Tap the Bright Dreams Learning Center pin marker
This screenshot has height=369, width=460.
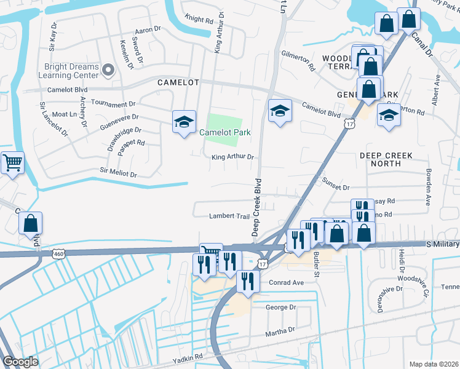coord(109,71)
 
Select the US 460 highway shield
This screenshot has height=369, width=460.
coord(58,253)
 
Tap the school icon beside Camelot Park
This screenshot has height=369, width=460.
coord(184,122)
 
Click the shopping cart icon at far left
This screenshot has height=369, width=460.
coord(12,163)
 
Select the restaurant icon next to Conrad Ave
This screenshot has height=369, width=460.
coord(247,281)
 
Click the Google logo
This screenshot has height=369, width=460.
coord(20,361)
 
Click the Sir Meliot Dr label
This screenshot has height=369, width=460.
coord(118,173)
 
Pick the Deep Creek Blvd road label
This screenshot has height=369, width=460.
coord(256,207)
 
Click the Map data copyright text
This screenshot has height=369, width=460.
coord(432,364)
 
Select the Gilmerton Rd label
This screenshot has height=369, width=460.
coord(298,61)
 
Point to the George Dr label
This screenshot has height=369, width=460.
coord(280,307)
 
